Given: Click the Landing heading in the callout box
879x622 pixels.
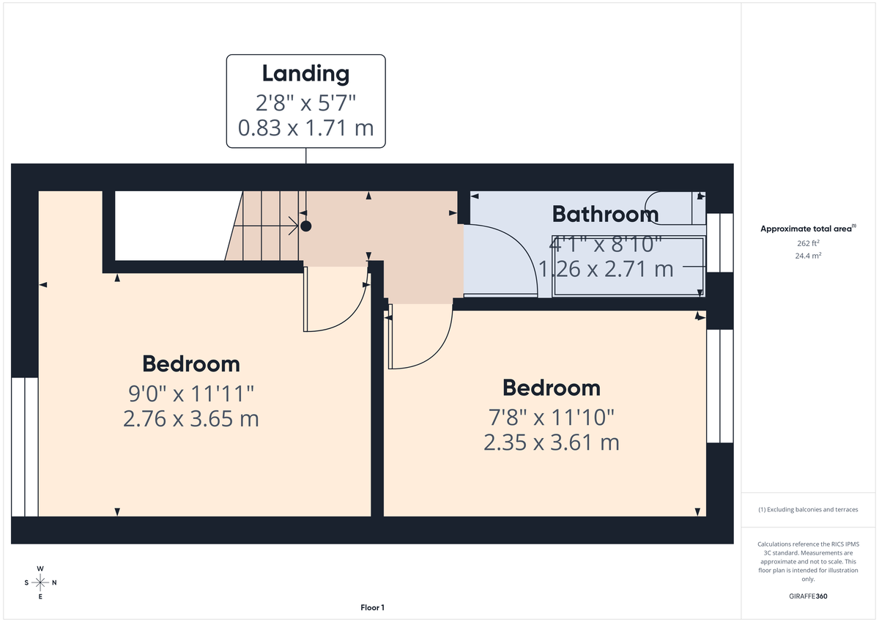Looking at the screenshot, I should pyautogui.click(x=305, y=73).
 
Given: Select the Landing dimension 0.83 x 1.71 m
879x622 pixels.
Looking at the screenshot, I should pyautogui.click(x=305, y=128).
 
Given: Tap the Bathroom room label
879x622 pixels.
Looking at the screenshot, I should pyautogui.click(x=605, y=214).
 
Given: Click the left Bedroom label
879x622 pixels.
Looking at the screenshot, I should pyautogui.click(x=190, y=363).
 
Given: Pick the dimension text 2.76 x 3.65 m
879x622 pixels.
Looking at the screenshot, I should pyautogui.click(x=190, y=419).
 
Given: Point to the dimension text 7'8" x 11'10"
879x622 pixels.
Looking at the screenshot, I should pyautogui.click(x=551, y=418).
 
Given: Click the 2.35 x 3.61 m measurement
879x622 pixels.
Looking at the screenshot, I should pyautogui.click(x=551, y=443).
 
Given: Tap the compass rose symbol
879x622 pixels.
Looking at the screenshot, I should pyautogui.click(x=40, y=583).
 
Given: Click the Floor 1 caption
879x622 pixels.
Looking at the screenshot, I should pyautogui.click(x=372, y=607).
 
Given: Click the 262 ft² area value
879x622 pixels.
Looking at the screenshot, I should pyautogui.click(x=809, y=243).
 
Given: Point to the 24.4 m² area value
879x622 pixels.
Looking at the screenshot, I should pyautogui.click(x=809, y=256).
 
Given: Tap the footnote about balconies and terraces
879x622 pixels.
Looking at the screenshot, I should pyautogui.click(x=809, y=509).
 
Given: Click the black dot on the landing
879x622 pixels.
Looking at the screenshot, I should pyautogui.click(x=306, y=226).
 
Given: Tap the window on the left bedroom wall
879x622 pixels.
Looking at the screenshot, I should pyautogui.click(x=24, y=447).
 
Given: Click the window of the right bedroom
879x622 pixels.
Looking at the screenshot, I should pyautogui.click(x=719, y=386).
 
